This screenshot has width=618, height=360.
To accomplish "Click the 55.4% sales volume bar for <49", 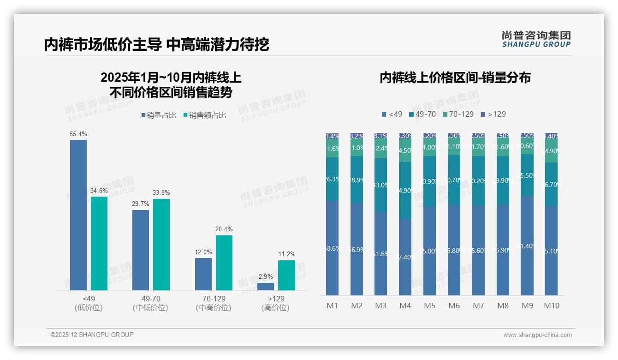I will pyautogui.click(x=78, y=215).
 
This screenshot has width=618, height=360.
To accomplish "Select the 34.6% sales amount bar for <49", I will pyautogui.click(x=99, y=243).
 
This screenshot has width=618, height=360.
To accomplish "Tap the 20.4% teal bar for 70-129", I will pyautogui.click(x=224, y=263).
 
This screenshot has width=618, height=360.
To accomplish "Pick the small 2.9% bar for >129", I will pyautogui.click(x=266, y=287).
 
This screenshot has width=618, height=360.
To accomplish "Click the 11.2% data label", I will pyautogui.click(x=287, y=254).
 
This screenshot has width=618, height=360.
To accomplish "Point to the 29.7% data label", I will pyautogui.click(x=141, y=204).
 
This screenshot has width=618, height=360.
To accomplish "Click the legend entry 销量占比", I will pyautogui.click(x=159, y=115).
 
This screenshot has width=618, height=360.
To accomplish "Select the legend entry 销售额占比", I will pyautogui.click(x=205, y=115).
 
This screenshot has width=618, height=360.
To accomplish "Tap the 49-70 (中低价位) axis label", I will pyautogui.click(x=150, y=303).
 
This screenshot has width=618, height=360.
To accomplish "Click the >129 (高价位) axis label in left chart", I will pyautogui.click(x=275, y=303).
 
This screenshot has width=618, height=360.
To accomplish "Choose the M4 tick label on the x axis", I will pyautogui.click(x=405, y=306).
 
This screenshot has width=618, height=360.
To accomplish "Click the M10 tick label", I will pyautogui.click(x=551, y=306).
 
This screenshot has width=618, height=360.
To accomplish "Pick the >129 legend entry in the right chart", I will pyautogui.click(x=493, y=114).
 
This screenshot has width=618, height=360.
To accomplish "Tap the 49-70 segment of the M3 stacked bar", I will pyautogui.click(x=381, y=185).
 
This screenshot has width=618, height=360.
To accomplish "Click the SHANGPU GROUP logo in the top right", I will pyautogui.click(x=536, y=39).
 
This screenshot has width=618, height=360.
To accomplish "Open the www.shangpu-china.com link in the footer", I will pyautogui.click(x=537, y=335).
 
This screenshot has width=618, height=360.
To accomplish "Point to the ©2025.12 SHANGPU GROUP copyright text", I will pyautogui.click(x=92, y=335).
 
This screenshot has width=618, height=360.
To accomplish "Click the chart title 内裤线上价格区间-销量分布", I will pyautogui.click(x=455, y=78).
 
